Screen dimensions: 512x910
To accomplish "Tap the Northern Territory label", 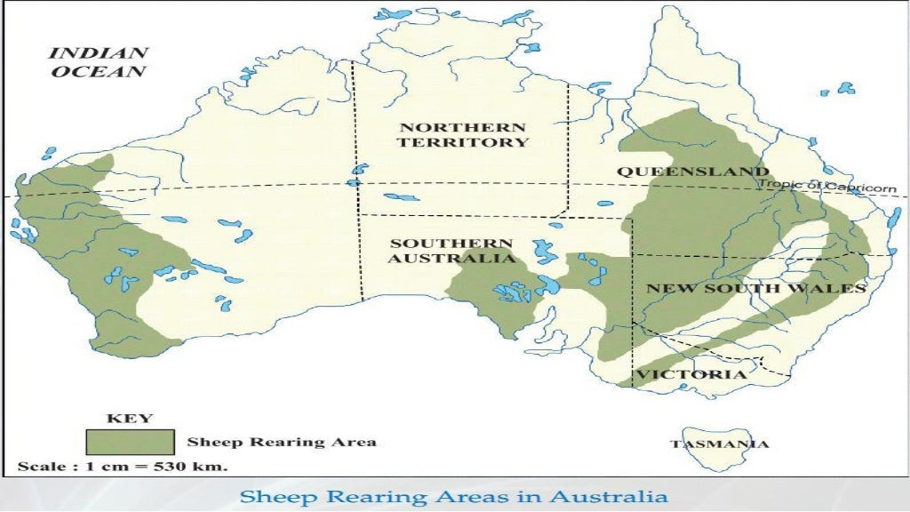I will (x=463, y=134).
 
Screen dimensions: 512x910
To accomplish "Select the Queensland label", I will (x=693, y=172).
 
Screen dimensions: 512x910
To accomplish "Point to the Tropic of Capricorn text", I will (x=826, y=185).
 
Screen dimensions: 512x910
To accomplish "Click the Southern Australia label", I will (x=451, y=251).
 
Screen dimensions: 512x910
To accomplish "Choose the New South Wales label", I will (x=755, y=289).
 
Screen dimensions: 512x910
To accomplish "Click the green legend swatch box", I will (x=130, y=442).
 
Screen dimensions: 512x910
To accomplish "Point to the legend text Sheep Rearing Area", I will (x=282, y=442).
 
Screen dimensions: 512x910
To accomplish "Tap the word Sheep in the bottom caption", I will (x=269, y=495).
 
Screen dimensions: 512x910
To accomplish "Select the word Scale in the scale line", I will (x=41, y=466).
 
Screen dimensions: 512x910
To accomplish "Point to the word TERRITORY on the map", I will (x=463, y=142).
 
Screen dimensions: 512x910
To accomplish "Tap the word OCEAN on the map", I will (x=98, y=72).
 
